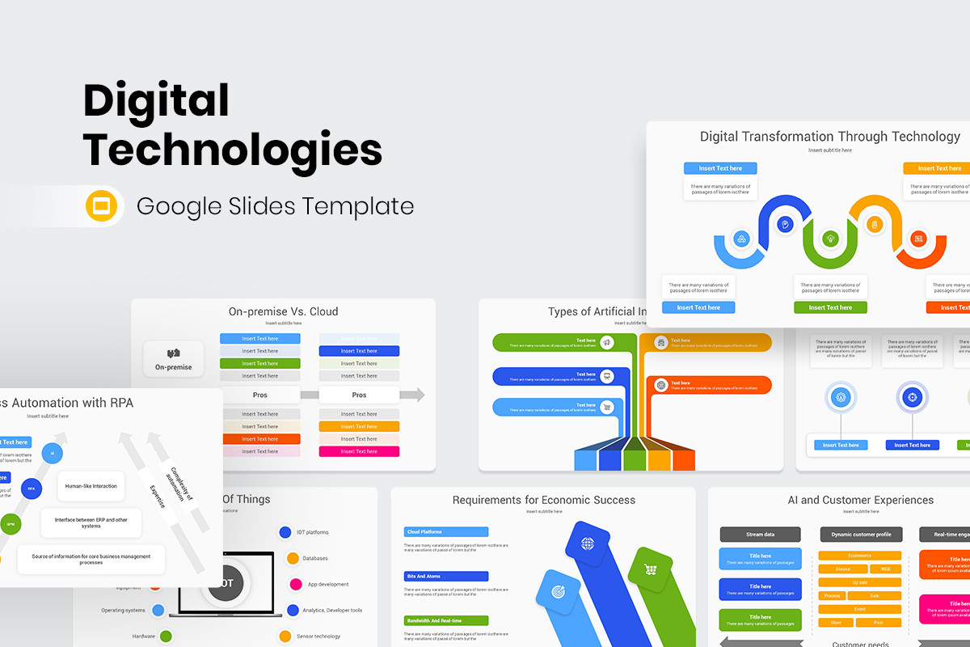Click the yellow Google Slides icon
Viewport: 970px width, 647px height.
click(102, 206)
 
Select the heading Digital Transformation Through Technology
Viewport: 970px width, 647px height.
click(829, 137)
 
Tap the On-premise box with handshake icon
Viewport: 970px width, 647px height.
click(173, 359)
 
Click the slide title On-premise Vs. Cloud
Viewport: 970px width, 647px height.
click(283, 311)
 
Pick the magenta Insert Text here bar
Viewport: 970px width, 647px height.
click(359, 451)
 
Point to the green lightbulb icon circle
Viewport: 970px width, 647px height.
click(829, 239)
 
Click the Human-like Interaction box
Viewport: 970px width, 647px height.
click(91, 486)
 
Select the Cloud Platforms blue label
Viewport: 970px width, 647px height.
click(446, 532)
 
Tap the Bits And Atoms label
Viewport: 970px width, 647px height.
click(446, 577)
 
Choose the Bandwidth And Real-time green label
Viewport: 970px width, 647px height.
click(446, 621)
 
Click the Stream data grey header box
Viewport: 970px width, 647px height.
click(760, 535)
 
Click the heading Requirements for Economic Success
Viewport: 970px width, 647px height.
click(543, 500)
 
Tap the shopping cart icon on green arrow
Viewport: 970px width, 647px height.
click(650, 569)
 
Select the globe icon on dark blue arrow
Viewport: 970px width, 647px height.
click(588, 543)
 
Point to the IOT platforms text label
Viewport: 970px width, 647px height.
click(312, 532)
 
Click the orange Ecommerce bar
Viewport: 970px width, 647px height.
click(859, 556)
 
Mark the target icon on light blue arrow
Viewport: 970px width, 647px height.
click(557, 592)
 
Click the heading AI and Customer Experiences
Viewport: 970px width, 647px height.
click(860, 500)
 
